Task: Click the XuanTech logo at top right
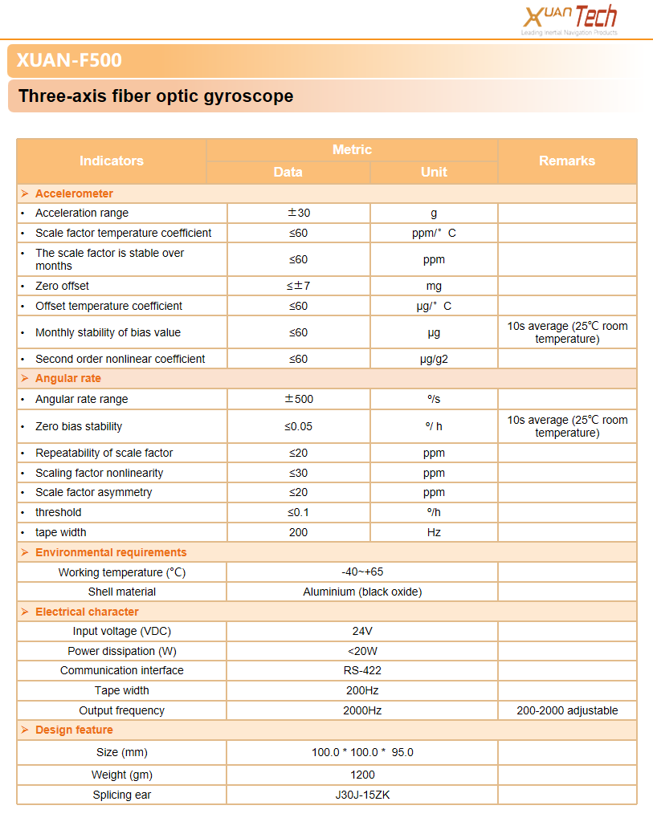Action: [x=569, y=19]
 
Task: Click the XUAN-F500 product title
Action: [x=69, y=61]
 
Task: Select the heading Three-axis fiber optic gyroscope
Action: [x=156, y=96]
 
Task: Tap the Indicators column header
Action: [x=112, y=161]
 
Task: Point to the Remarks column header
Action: [x=567, y=161]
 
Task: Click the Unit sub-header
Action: [x=434, y=172]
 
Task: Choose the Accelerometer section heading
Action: [x=74, y=193]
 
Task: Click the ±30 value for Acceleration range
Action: [x=299, y=213]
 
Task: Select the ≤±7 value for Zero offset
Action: [x=299, y=286]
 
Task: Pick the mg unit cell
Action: [x=434, y=286]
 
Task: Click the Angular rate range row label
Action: [x=82, y=399]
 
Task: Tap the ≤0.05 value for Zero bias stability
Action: [x=299, y=426]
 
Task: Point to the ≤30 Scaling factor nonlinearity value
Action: [x=299, y=473]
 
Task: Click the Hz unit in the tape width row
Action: [x=434, y=532]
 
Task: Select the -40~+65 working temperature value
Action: [x=362, y=572]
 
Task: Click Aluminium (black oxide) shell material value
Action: [x=362, y=592]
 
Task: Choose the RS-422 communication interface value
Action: [x=362, y=670]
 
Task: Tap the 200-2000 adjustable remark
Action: [x=567, y=710]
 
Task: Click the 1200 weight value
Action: [x=362, y=775]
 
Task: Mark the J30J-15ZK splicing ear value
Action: [x=362, y=795]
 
